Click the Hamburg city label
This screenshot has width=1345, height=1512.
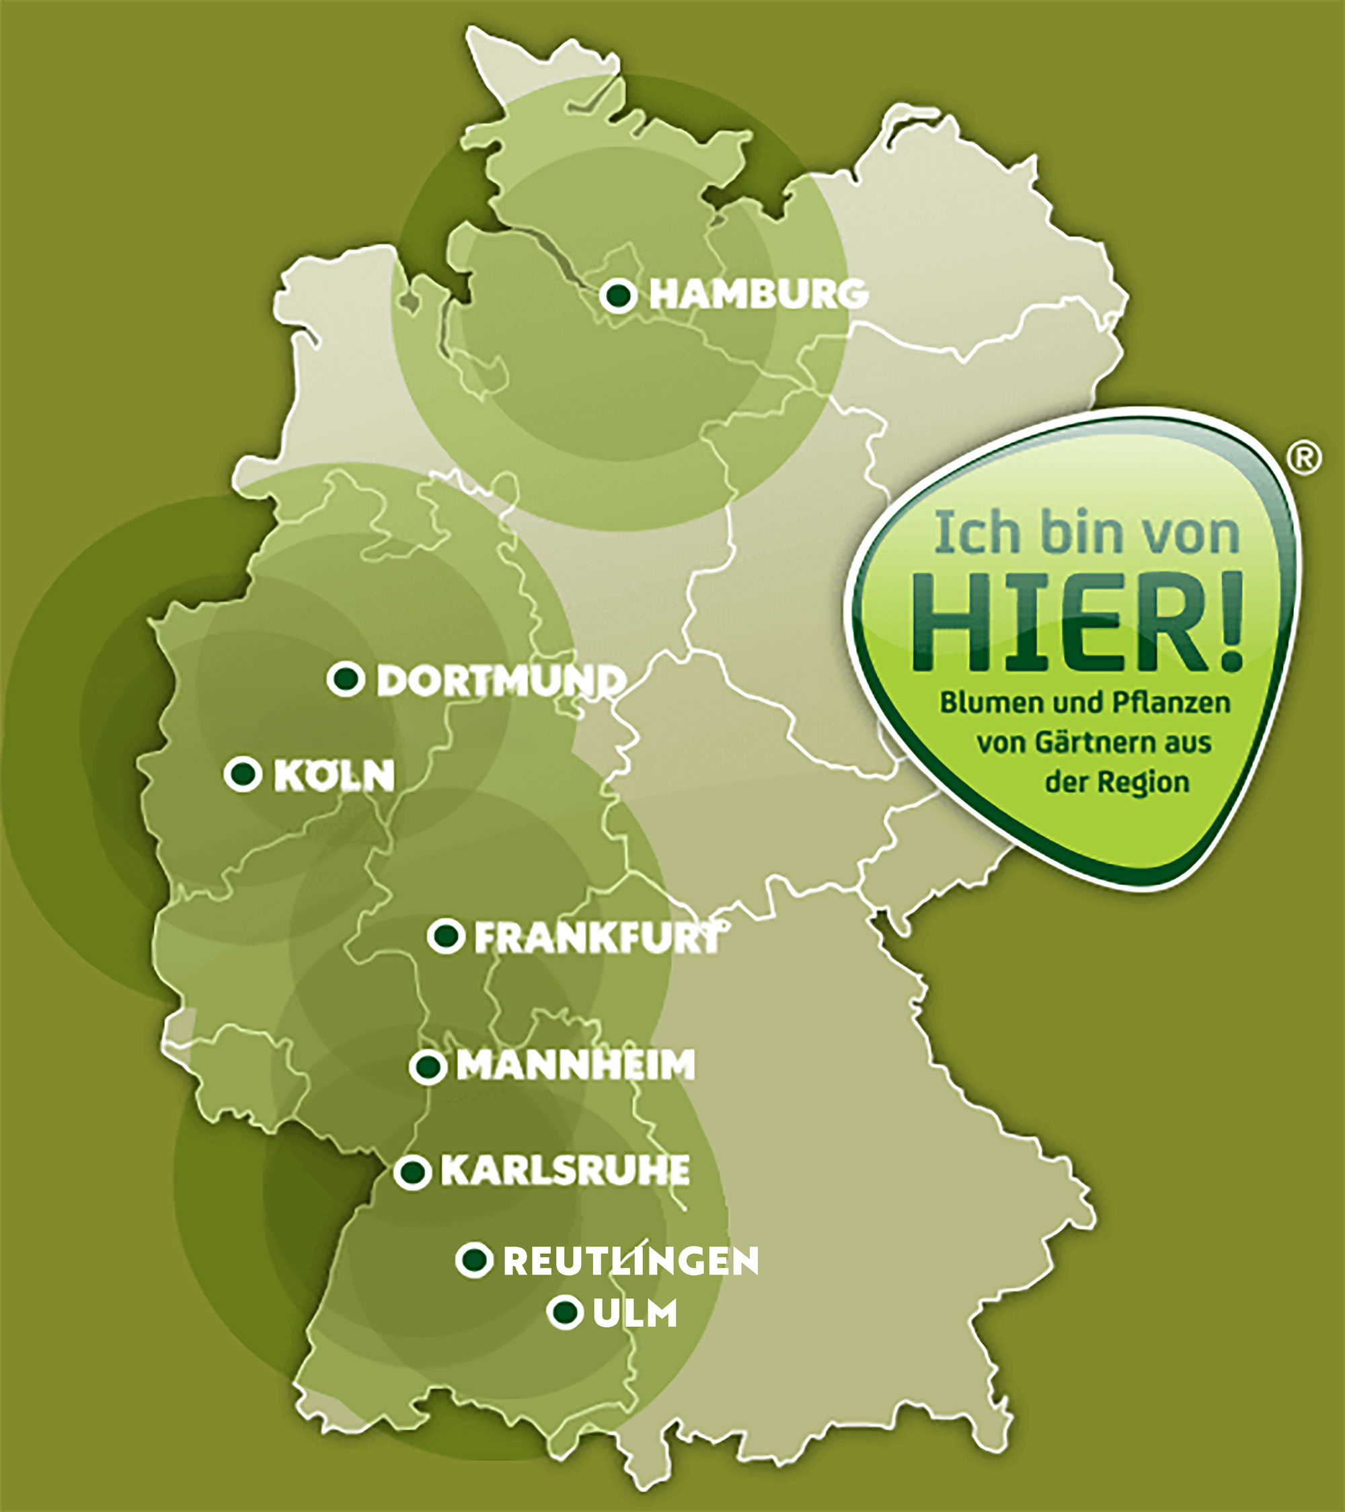(x=759, y=295)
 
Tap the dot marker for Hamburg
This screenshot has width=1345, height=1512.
(x=618, y=297)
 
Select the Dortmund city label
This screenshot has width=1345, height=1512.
(x=501, y=681)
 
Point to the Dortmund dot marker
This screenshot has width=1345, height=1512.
(x=345, y=679)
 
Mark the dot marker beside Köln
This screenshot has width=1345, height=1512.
(x=243, y=774)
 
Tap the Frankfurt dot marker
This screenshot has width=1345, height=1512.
(x=446, y=936)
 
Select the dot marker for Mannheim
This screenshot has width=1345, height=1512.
(x=428, y=1067)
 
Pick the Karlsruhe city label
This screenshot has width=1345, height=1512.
(x=566, y=1171)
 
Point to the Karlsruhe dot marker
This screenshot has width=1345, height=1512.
(x=412, y=1172)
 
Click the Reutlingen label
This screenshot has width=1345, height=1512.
(x=631, y=1262)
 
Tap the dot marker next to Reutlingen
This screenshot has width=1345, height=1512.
(x=474, y=1260)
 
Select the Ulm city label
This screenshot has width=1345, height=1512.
(x=635, y=1314)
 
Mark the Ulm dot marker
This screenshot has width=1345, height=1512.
(x=566, y=1313)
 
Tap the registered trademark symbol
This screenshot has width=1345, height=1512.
(x=1305, y=459)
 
